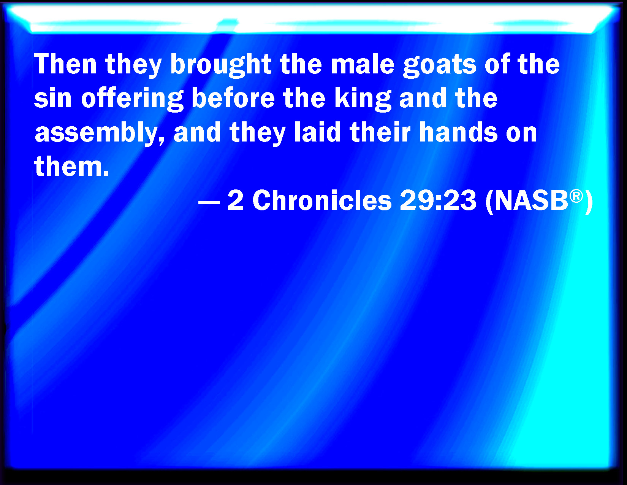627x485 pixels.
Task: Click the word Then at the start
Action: (x=65, y=64)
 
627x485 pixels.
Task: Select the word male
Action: (x=363, y=64)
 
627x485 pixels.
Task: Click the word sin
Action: (x=53, y=98)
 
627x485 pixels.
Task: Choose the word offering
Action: (x=132, y=100)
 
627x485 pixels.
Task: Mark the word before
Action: (x=233, y=98)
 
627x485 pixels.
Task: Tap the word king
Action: (x=363, y=100)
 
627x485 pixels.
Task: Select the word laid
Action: (x=317, y=132)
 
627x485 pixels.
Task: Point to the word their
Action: (x=380, y=132)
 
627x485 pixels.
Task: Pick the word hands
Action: (x=459, y=132)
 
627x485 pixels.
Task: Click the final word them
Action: (x=71, y=166)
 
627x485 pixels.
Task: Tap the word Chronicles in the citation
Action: (x=322, y=200)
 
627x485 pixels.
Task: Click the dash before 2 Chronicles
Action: (x=209, y=202)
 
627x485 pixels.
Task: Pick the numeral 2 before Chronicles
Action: (x=236, y=200)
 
